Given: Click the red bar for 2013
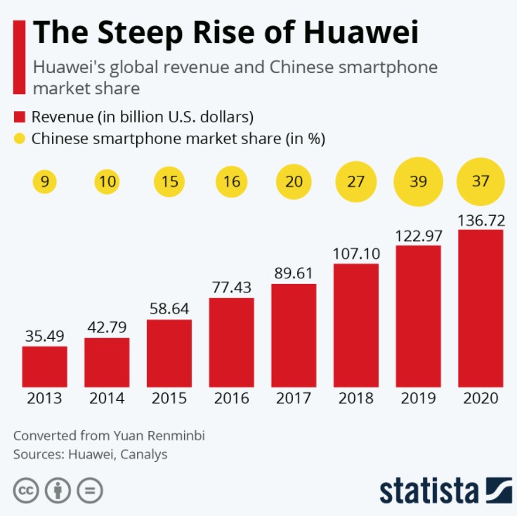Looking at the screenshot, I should pos(44,366).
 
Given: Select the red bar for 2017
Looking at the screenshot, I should pos(294,335).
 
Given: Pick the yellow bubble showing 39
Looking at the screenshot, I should pos(419,181).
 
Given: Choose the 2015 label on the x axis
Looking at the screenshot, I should pos(169,399).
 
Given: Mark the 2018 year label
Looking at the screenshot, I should pos(356,399).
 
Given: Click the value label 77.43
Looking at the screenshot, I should pos(232,287).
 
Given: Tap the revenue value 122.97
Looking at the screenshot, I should pos(419,234).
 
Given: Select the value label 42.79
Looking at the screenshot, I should pos(107,327).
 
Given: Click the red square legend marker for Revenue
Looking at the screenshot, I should pos(20,116).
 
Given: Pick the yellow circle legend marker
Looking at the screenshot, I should pos(20,138).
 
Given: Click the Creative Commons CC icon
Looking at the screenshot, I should pos(25,490).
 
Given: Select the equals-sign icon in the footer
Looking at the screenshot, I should pos(90,490).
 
